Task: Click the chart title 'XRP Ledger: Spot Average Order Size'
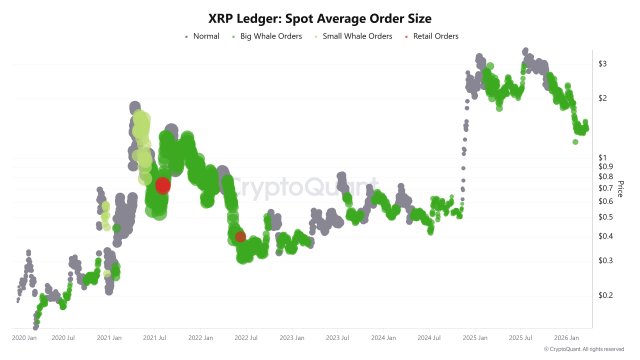(x=320, y=17)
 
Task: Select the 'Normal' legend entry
(x=205, y=37)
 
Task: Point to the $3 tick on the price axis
(x=602, y=64)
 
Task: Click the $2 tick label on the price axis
(x=602, y=98)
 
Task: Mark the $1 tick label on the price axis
(x=602, y=158)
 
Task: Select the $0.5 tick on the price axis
(x=604, y=217)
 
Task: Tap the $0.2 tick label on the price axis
(x=604, y=295)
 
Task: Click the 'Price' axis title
(x=621, y=187)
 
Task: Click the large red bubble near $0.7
(x=162, y=185)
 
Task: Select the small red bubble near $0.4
(x=241, y=237)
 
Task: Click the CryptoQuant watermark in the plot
(x=300, y=187)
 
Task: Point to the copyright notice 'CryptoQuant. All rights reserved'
(x=590, y=350)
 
